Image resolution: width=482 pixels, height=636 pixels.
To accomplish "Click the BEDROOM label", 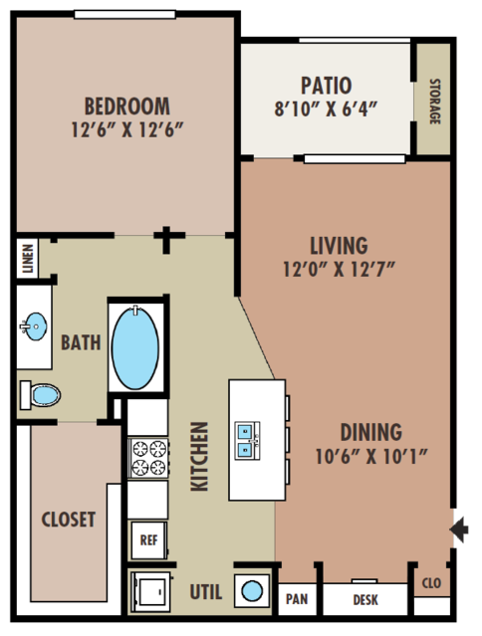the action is [127, 106].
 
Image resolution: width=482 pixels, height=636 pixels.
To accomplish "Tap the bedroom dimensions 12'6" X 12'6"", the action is [127, 129].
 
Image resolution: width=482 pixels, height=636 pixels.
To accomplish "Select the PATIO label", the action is [326, 86].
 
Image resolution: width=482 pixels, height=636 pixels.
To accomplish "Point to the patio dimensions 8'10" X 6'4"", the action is [326, 108].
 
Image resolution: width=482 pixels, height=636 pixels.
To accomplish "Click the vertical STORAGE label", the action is [434, 102].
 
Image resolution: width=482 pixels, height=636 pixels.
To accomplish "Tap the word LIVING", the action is [339, 246].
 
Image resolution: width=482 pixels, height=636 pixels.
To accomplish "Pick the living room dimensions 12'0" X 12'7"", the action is [339, 269].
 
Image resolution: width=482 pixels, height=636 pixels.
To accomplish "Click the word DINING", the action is [370, 432].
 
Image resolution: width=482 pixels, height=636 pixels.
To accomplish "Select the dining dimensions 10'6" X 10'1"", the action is [371, 456].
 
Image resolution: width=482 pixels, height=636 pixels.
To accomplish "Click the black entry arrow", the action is [459, 530].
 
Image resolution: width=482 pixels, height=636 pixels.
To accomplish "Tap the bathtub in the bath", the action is [135, 348].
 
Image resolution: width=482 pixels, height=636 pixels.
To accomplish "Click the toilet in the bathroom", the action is [40, 395].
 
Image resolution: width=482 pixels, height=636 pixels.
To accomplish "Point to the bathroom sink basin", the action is [35, 326].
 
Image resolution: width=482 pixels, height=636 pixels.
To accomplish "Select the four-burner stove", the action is [148, 458].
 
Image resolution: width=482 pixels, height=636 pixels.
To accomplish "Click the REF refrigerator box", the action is [149, 540].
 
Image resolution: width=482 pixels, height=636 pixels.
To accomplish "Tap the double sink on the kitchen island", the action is [248, 441].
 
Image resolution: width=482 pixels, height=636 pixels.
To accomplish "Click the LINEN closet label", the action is [28, 259].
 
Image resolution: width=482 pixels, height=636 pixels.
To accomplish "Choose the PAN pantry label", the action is [297, 599].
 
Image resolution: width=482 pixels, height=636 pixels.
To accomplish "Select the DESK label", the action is [365, 599].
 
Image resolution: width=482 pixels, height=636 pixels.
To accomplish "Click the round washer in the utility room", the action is [252, 590].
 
